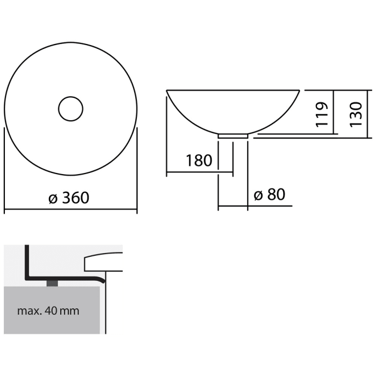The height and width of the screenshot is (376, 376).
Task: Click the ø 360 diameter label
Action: (x=69, y=198)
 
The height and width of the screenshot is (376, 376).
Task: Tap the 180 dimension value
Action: (x=199, y=160)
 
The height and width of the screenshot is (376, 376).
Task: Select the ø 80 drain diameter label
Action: (x=269, y=194)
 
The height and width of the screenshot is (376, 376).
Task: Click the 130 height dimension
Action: (x=356, y=112)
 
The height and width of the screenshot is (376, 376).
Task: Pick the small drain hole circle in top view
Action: (x=70, y=109)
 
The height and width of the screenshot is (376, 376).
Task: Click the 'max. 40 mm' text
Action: (x=48, y=310)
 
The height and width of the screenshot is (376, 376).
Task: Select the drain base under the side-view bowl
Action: (x=233, y=136)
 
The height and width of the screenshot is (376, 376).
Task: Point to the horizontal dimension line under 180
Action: (x=200, y=173)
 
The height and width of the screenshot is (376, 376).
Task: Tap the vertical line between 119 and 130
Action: (x=335, y=112)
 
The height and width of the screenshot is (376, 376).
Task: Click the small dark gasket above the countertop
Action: (x=52, y=283)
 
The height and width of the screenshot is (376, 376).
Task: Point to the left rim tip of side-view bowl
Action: (x=168, y=91)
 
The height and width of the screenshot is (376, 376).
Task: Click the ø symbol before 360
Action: (x=53, y=198)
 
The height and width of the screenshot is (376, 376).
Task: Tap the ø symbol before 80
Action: (x=258, y=195)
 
